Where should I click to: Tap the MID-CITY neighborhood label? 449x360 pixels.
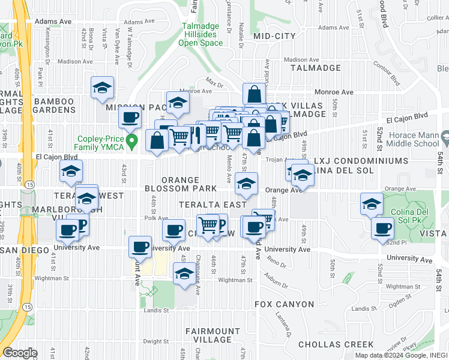[274, 36]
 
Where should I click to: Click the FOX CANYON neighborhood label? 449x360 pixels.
[284, 304]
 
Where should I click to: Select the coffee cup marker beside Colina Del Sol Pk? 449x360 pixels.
[382, 228]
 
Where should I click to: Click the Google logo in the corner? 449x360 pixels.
[20, 353]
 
